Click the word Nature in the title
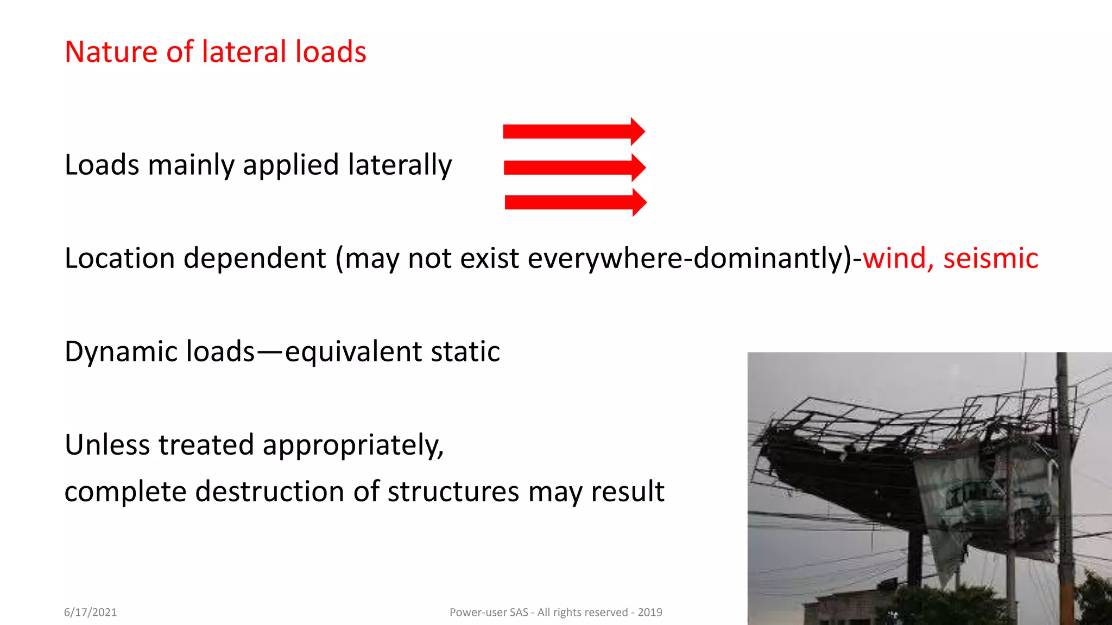(111, 52)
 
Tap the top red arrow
(573, 131)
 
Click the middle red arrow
(574, 167)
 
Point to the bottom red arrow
(576, 202)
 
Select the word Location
(119, 258)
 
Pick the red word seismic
(990, 258)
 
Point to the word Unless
(107, 445)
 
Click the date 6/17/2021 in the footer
(90, 613)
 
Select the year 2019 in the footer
(650, 613)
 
